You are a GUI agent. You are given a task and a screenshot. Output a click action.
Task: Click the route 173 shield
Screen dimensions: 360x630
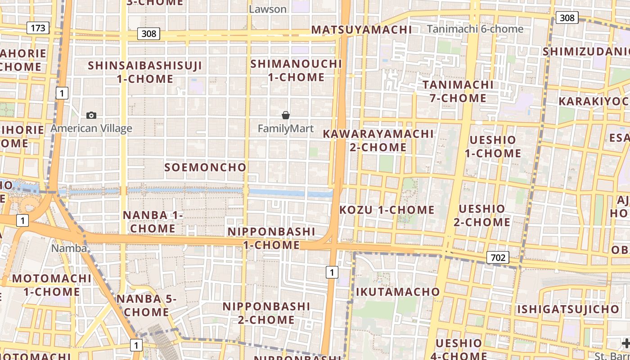(x=38, y=28)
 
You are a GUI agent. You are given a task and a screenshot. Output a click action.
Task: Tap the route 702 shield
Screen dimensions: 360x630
(x=497, y=257)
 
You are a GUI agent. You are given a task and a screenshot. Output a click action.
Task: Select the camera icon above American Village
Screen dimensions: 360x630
(x=91, y=116)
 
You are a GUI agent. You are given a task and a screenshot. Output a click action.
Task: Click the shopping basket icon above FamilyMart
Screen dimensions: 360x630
(x=285, y=116)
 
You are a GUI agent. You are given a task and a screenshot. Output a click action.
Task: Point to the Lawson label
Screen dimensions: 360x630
(x=267, y=9)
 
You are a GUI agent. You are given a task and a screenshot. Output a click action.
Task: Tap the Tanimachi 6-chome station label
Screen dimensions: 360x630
(x=475, y=29)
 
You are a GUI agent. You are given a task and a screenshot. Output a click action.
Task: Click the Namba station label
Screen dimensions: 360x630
(x=69, y=248)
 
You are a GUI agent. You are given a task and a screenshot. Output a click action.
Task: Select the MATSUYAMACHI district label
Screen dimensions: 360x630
(x=361, y=30)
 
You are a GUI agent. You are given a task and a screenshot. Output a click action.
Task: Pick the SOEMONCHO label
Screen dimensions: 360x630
(x=205, y=167)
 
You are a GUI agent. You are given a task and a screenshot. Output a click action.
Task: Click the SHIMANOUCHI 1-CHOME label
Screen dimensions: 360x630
(x=296, y=71)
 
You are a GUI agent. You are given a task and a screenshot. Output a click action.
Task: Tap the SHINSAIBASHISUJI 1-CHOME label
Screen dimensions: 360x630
(x=145, y=72)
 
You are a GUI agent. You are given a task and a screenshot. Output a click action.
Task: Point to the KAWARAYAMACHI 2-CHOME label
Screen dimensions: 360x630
(x=378, y=140)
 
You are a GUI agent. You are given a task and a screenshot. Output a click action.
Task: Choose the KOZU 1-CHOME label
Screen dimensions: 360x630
(x=387, y=210)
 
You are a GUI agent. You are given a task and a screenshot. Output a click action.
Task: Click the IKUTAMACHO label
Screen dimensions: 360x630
(x=398, y=292)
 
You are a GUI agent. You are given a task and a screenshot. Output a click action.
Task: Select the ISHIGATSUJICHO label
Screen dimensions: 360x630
(x=568, y=309)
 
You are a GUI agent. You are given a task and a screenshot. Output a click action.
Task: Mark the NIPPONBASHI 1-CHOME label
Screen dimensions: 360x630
(x=271, y=238)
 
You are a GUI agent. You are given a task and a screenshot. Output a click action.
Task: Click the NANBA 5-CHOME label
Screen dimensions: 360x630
(x=147, y=305)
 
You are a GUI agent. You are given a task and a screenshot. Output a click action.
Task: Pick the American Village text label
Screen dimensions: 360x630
(x=91, y=128)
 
